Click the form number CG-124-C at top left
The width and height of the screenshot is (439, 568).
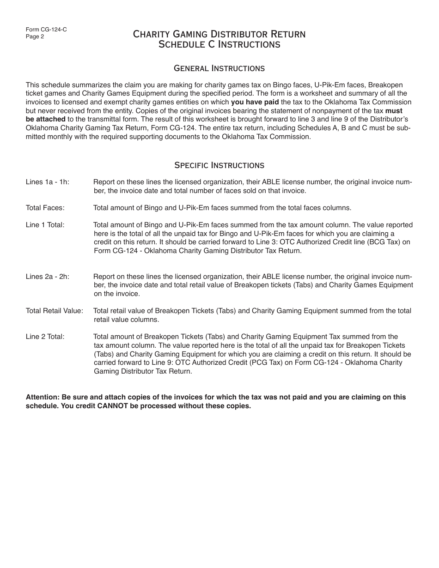[x=46, y=30]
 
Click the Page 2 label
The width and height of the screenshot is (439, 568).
[x=35, y=37]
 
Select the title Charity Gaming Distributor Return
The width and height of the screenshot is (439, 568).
[x=219, y=34]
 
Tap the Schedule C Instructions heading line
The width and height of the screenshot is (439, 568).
[x=219, y=45]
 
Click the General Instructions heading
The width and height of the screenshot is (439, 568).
[x=219, y=68]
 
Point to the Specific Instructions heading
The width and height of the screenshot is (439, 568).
[x=219, y=165]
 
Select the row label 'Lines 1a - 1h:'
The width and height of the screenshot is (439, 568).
[x=48, y=182]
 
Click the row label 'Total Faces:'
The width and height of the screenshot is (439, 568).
[x=45, y=208]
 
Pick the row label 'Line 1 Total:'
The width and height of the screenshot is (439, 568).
[x=45, y=225]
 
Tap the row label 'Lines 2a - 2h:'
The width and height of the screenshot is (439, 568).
[x=48, y=277]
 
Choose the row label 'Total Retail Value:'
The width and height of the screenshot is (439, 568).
[x=55, y=311]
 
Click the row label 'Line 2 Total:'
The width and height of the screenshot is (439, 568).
[x=45, y=337]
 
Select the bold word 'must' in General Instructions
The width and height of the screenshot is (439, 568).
[x=394, y=111]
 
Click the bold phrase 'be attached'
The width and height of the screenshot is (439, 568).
[x=45, y=120]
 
